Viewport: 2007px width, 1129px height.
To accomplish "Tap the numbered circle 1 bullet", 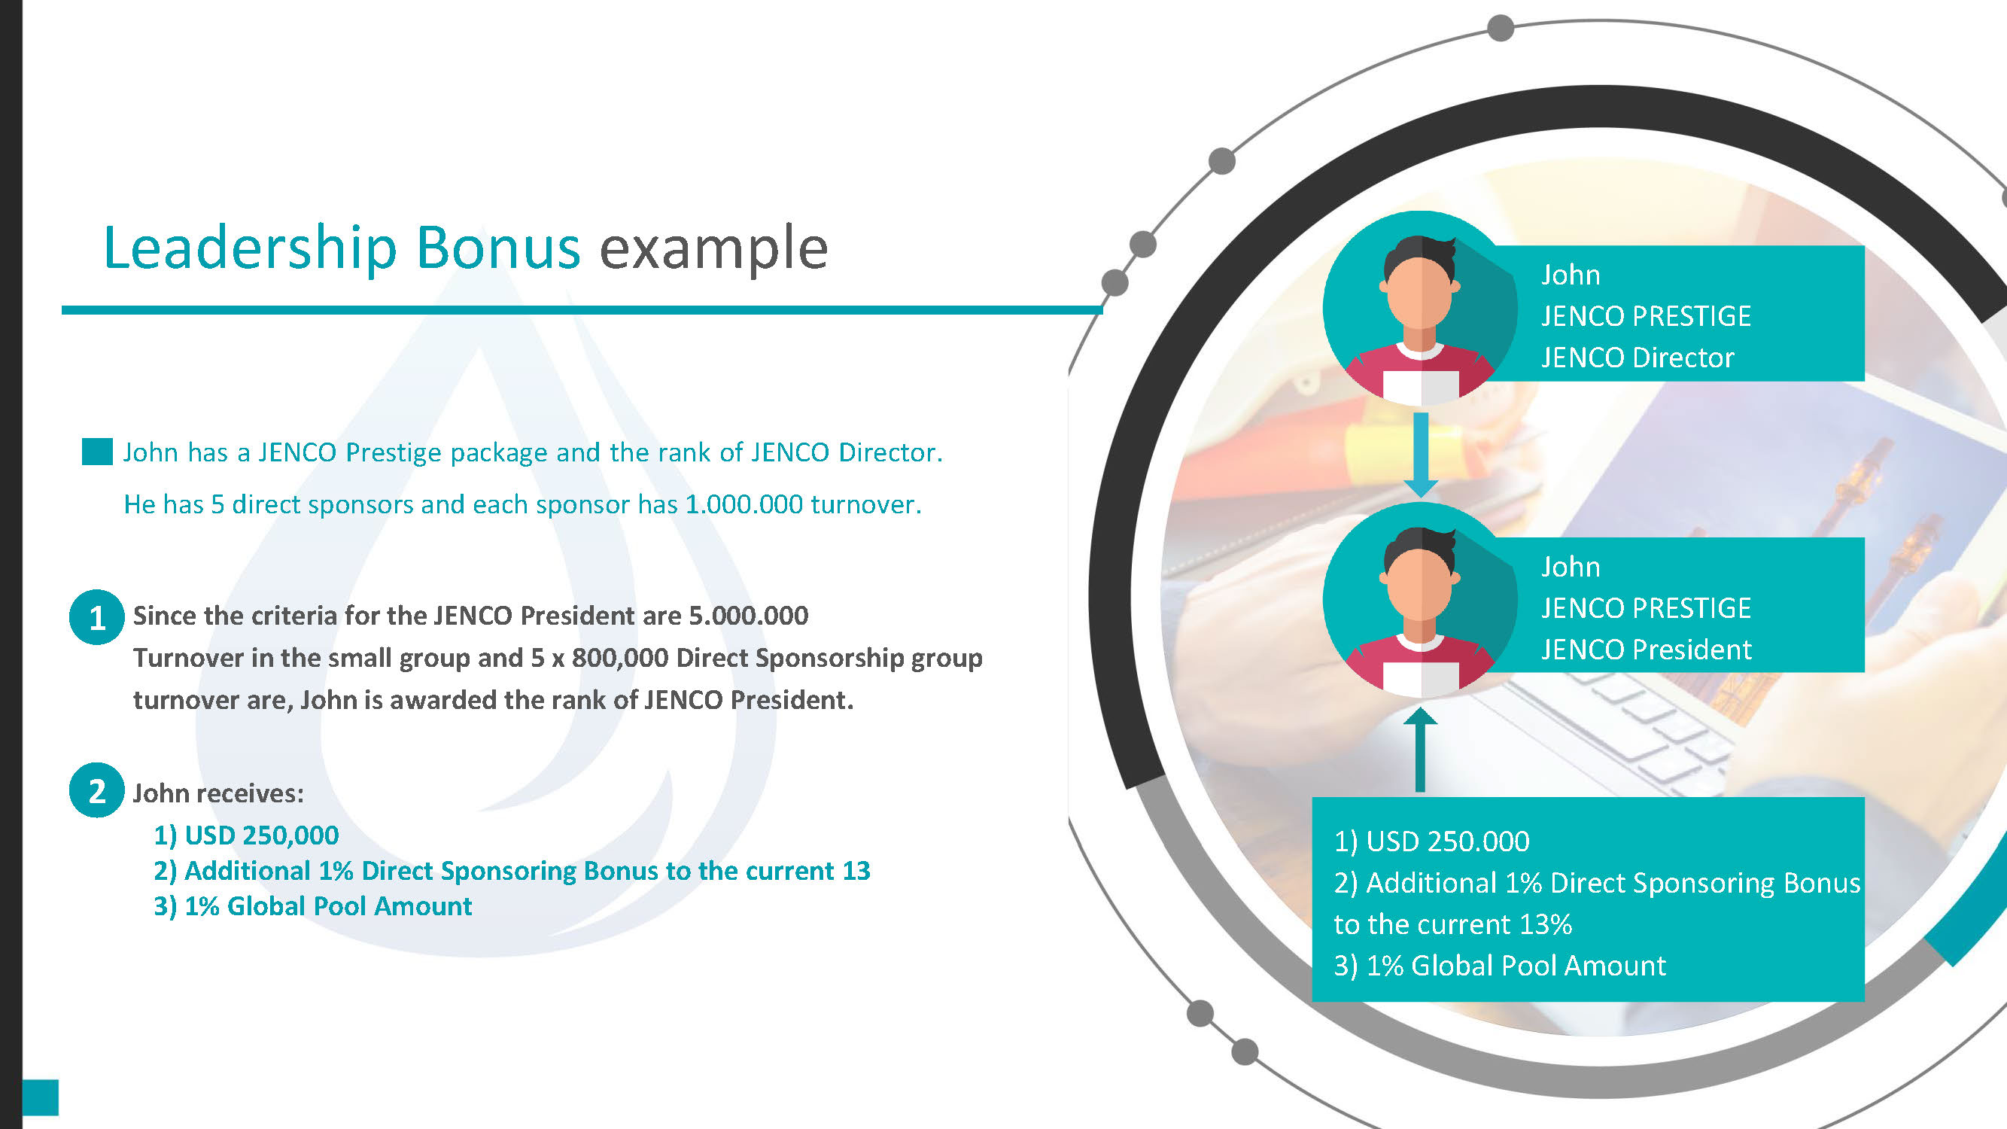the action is click(96, 617).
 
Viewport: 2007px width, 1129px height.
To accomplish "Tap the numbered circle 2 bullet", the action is click(96, 790).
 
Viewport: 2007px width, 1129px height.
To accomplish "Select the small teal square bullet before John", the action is click(97, 452).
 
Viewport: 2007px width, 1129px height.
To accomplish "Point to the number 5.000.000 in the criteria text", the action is click(748, 616).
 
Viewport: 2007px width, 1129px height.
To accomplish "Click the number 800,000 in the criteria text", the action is click(620, 658).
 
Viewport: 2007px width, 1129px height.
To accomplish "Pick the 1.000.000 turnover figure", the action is click(744, 504).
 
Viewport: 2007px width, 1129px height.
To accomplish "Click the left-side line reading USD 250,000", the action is click(246, 835).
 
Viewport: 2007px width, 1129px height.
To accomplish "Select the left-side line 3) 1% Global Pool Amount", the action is click(312, 906).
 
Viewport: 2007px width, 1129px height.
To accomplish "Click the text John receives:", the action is click(218, 793).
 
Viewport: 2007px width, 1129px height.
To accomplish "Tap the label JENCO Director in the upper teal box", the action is click(1637, 358).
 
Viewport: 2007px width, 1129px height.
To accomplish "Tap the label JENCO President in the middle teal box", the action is click(1646, 650).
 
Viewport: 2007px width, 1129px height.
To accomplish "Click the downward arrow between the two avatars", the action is click(1420, 455).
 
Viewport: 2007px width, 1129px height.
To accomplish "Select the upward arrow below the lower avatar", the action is click(1419, 750).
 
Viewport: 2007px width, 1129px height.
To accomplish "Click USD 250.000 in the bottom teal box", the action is click(1448, 841).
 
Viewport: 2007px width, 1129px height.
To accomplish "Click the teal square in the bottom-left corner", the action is click(40, 1097).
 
